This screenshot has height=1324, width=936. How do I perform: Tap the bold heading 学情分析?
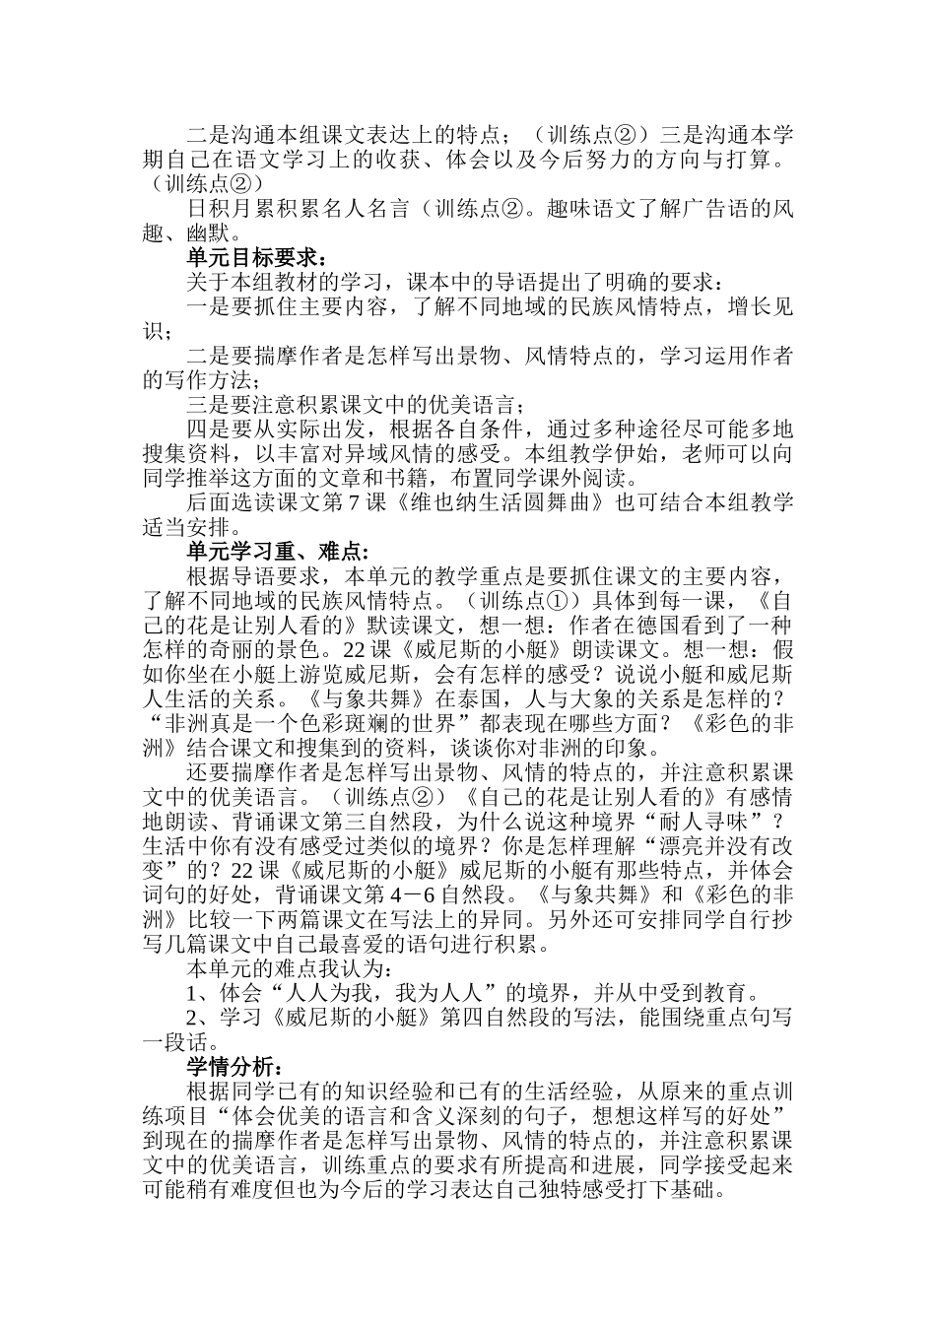pos(236,1067)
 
